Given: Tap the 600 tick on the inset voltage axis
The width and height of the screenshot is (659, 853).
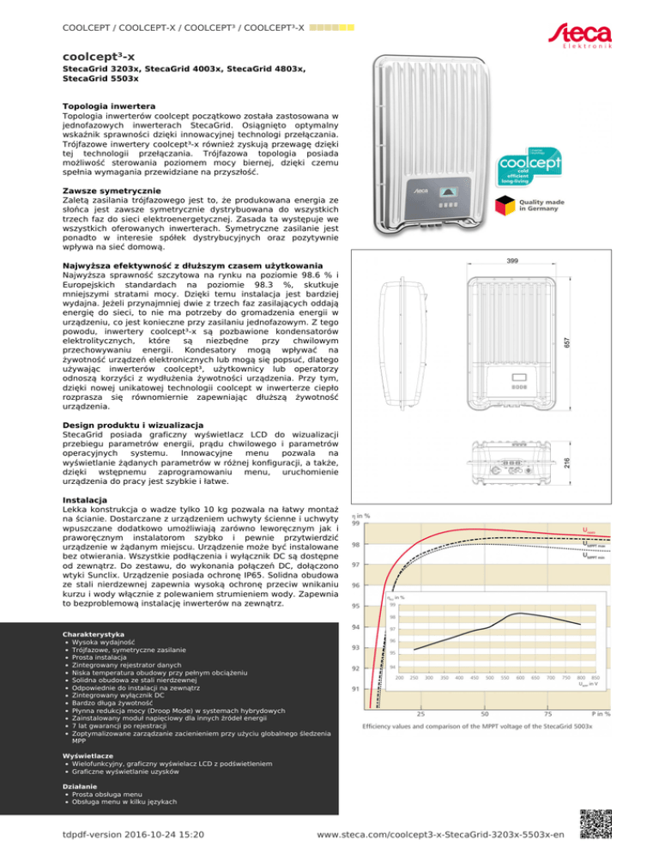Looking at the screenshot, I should (x=520, y=678).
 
